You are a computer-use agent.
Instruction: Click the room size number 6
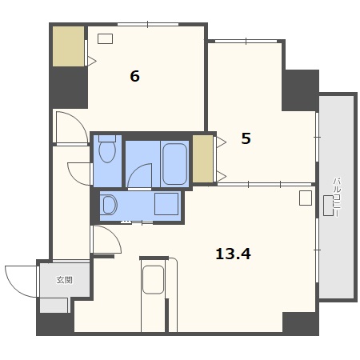coord(134,76)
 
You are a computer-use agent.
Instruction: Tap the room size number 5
coord(246,138)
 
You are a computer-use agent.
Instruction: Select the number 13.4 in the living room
coord(233,254)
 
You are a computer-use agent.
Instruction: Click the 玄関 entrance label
coord(64,280)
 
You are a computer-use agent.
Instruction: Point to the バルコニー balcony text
coord(337,197)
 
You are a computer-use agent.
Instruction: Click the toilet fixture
coord(107,149)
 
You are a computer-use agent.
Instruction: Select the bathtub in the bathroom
coord(174,164)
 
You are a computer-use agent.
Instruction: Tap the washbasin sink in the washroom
coord(110,205)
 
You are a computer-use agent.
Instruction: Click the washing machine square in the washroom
coord(166,204)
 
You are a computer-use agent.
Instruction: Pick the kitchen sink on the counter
coord(153,279)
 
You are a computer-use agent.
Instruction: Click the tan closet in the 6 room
coord(69,46)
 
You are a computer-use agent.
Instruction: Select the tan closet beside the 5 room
coord(202,159)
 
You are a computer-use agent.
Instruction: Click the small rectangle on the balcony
coord(328,206)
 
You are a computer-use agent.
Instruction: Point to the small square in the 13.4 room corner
coord(306,198)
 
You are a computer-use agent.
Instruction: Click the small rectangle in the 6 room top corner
coord(105,38)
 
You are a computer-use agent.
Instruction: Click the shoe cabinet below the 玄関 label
coord(54,306)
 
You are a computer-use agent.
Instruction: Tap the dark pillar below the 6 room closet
coord(70,88)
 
